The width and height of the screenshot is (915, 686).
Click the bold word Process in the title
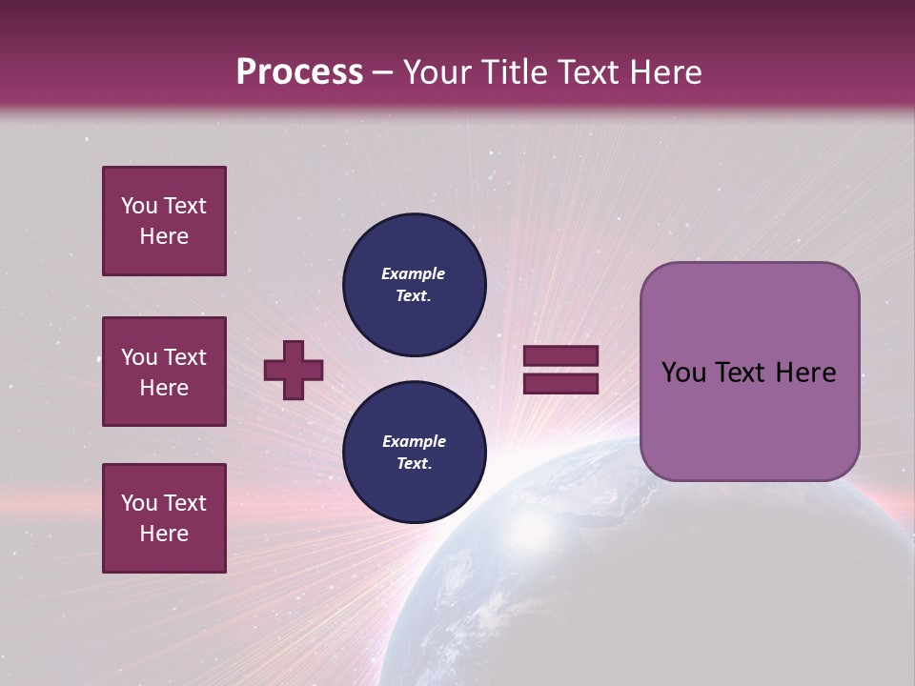tap(299, 72)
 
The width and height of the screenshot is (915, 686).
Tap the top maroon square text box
tap(164, 221)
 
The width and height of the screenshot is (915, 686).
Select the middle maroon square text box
tap(164, 372)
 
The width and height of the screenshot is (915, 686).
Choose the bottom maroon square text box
tap(164, 518)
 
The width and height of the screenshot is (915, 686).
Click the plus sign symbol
tap(294, 370)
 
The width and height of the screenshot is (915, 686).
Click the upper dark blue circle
tap(415, 285)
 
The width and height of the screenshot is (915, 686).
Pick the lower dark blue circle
tap(415, 453)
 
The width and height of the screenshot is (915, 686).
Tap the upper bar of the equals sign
tap(561, 356)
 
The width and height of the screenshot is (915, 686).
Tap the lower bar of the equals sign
tap(561, 383)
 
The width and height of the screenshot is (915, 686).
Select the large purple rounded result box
tap(749, 372)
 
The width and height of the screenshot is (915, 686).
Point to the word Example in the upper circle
tap(414, 273)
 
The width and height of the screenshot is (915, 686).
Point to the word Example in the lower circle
tap(414, 441)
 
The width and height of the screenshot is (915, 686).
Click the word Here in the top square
tap(164, 236)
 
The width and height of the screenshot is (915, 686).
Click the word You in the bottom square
tap(139, 503)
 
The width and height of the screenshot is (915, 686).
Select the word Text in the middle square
tap(185, 357)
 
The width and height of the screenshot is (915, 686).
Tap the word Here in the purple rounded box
tap(805, 373)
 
